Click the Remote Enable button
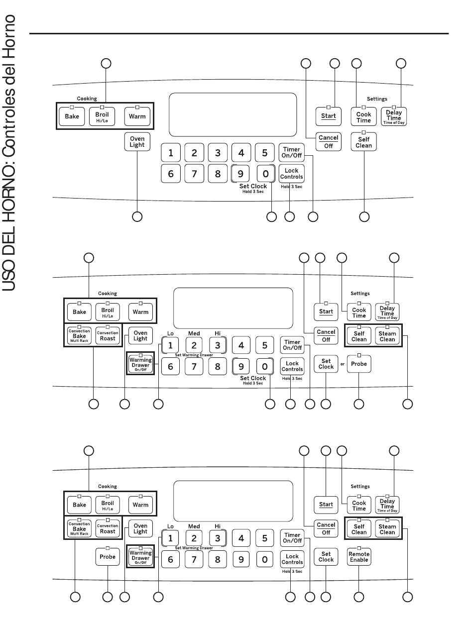click(x=358, y=556)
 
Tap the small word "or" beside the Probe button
click(x=342, y=364)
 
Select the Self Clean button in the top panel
click(x=363, y=142)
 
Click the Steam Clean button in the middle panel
click(x=387, y=336)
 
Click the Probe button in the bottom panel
click(x=107, y=556)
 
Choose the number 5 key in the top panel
click(x=265, y=153)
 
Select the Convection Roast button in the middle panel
click(x=107, y=335)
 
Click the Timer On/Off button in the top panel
click(x=292, y=152)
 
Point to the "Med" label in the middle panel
click(x=194, y=333)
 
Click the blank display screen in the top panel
click(x=233, y=114)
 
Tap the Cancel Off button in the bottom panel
click(x=326, y=528)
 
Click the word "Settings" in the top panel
click(x=377, y=99)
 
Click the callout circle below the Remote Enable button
click(x=358, y=597)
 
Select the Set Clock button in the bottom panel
click(x=326, y=556)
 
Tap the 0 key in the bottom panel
click(x=265, y=559)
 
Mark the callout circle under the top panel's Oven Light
click(x=137, y=217)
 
